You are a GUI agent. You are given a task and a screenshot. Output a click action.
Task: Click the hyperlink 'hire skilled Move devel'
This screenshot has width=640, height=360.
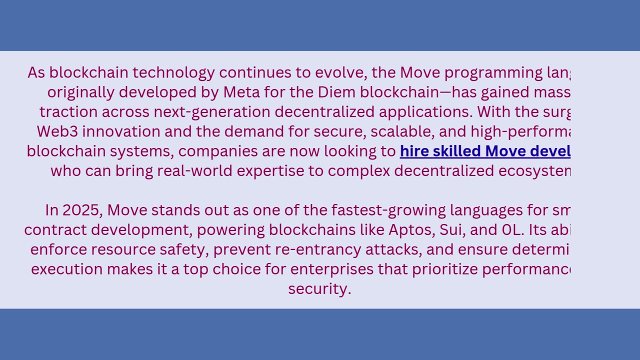pyautogui.click(x=485, y=151)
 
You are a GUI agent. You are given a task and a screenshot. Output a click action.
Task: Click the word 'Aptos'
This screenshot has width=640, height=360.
pyautogui.click(x=411, y=230)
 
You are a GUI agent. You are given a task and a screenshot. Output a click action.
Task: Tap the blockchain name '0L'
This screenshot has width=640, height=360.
pyautogui.click(x=511, y=230)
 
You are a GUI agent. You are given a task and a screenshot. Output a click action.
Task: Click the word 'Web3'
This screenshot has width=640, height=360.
pyautogui.click(x=59, y=131)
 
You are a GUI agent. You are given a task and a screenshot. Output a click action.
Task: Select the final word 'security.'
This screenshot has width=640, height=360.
pyautogui.click(x=319, y=288)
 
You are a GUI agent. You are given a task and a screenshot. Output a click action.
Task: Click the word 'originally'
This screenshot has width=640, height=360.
pyautogui.click(x=81, y=92)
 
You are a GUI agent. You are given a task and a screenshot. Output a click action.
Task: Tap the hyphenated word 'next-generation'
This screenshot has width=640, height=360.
pyautogui.click(x=212, y=111)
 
